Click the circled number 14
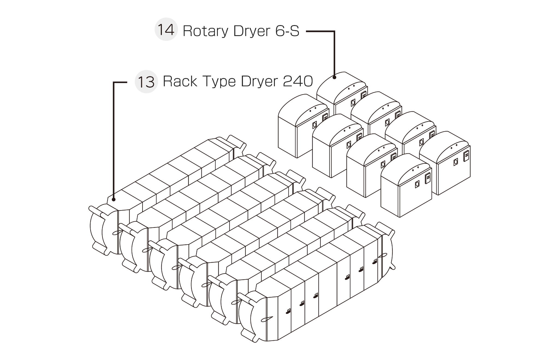pos(166,30)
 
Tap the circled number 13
pos(146,82)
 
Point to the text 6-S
pos(287,31)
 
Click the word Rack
pos(180,81)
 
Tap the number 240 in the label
pos(298,81)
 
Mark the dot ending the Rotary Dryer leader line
pos(334,78)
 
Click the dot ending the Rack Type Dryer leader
pos(114,200)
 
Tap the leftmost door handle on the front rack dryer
pos(289,311)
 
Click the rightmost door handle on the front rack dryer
pos(375,261)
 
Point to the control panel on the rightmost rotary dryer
pos(466,156)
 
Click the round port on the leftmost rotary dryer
pos(314,125)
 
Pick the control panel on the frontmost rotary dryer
pos(427,178)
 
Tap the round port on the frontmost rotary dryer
pos(417,185)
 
